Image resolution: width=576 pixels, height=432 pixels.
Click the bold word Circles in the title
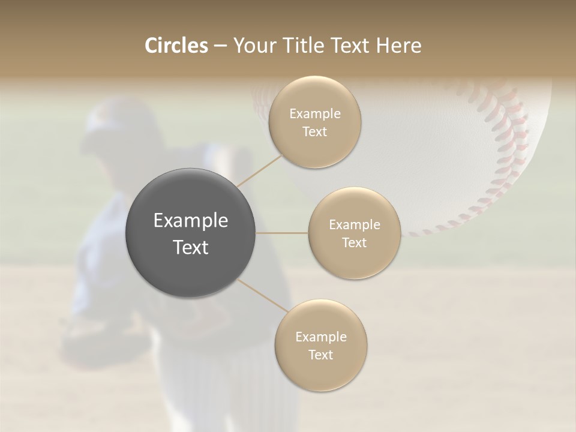coord(176,46)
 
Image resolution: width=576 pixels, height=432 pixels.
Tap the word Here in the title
coord(398,46)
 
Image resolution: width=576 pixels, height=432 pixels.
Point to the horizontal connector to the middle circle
coord(282,233)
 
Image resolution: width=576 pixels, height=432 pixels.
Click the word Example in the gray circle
coord(190,221)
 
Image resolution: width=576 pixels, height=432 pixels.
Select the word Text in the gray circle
coord(190,247)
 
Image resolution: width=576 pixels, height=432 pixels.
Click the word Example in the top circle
coord(315,113)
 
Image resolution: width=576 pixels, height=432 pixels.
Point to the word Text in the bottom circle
coord(320,355)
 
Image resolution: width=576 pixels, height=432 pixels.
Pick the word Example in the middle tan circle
coord(355,224)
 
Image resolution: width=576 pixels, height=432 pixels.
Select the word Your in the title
coord(254,46)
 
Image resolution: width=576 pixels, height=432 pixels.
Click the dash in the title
coord(220,46)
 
